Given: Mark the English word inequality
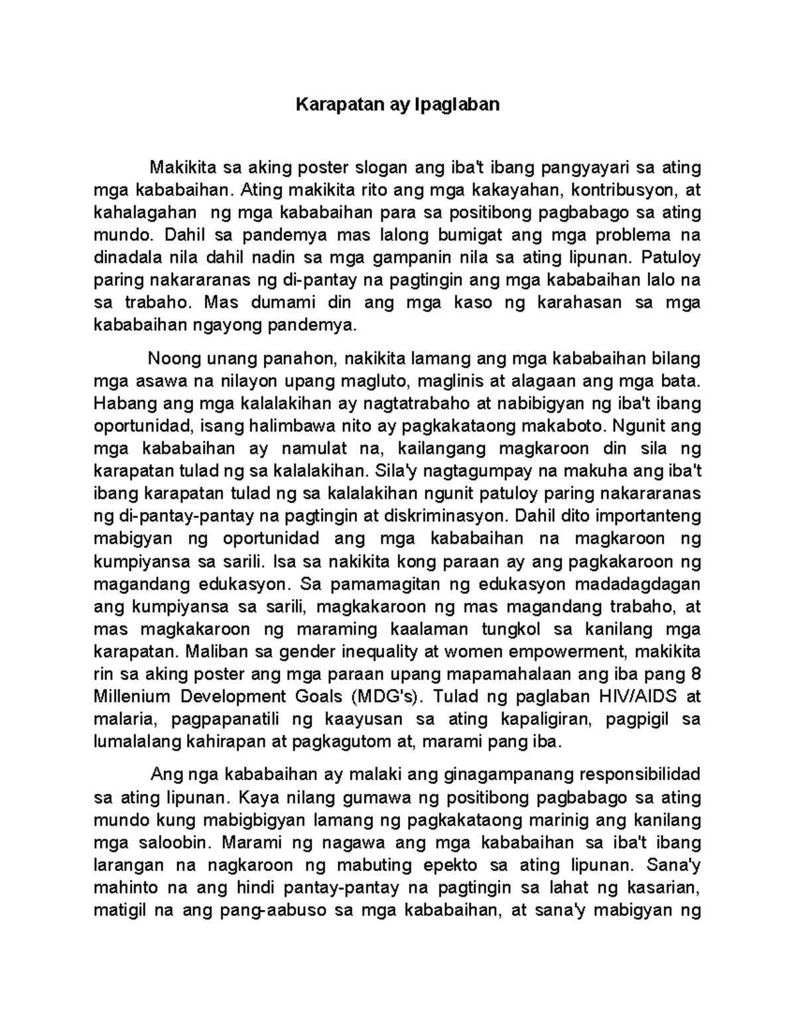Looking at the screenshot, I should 371,651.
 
